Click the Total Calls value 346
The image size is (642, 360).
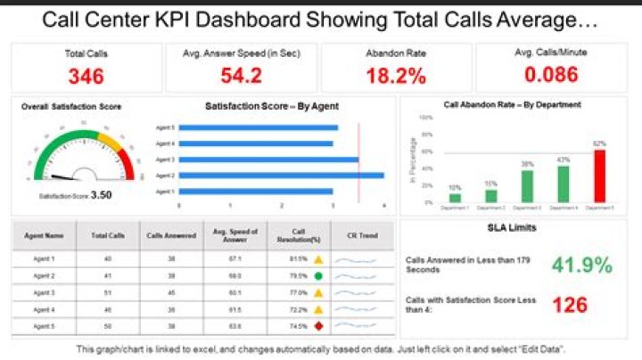[x=86, y=76]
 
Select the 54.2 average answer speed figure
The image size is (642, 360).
[x=241, y=76]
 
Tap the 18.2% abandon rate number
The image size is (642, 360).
[x=397, y=76]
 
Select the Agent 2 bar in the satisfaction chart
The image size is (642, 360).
[x=281, y=175]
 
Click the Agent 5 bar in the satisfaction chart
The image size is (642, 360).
[x=259, y=127]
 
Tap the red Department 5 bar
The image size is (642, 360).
[x=599, y=176]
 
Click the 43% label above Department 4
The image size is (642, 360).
[x=563, y=160]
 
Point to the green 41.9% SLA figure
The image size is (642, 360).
[x=582, y=265]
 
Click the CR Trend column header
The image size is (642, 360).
[x=353, y=236]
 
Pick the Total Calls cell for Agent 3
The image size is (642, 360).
[x=107, y=292]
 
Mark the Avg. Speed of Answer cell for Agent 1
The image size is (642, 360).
[x=236, y=259]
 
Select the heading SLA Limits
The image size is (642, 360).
[x=516, y=229]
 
